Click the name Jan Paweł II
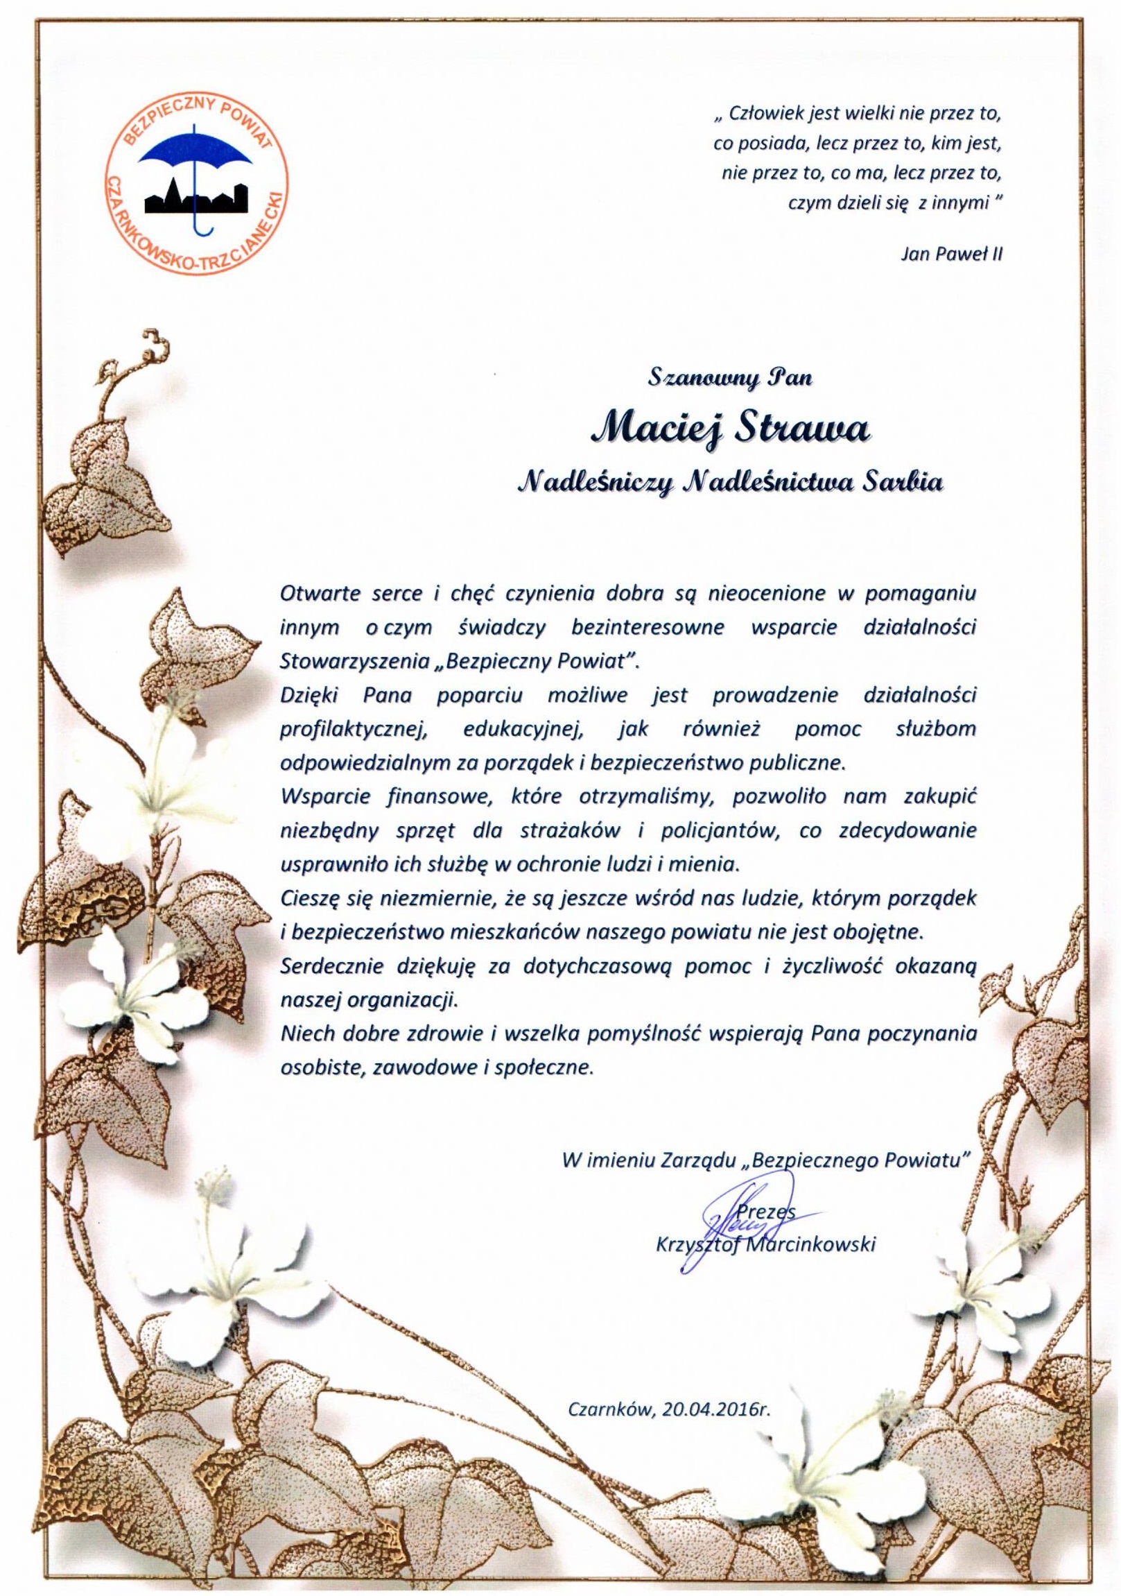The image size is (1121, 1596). tap(951, 254)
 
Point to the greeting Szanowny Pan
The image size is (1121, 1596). tap(730, 379)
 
